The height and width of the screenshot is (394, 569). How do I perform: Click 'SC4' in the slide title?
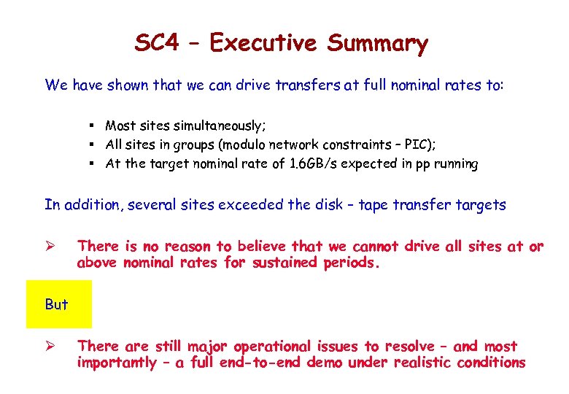pyautogui.click(x=156, y=43)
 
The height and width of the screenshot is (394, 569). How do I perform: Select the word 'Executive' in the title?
pyautogui.click(x=264, y=43)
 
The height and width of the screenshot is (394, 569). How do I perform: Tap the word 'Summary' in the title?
pyautogui.click(x=377, y=45)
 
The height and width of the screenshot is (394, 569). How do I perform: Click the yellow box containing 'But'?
pyautogui.click(x=59, y=304)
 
